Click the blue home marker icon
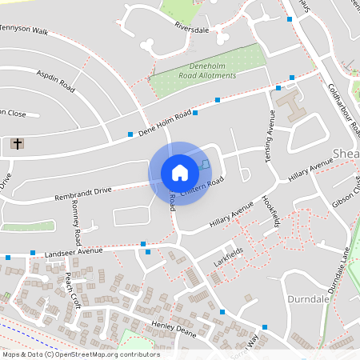tap(179, 172)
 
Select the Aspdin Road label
tap(55, 81)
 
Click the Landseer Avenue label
tap(74, 251)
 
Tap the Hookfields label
tap(268, 212)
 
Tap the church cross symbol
tap(18, 145)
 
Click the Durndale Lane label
tap(339, 269)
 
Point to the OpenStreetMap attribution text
tap(80, 354)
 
